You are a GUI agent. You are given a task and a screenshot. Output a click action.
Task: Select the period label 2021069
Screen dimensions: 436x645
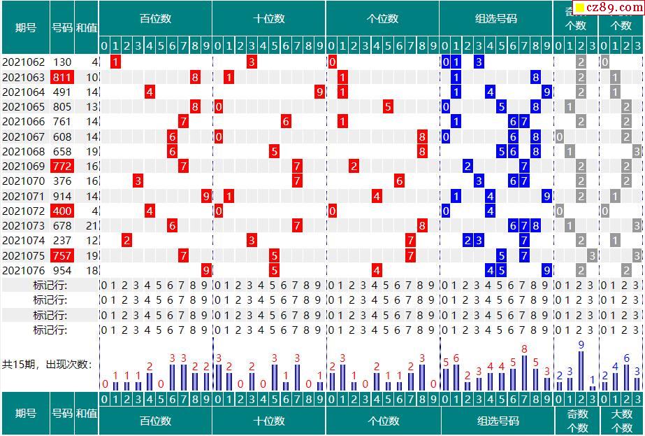click(23, 166)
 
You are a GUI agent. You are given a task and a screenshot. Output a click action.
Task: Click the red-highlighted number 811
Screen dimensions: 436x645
click(61, 77)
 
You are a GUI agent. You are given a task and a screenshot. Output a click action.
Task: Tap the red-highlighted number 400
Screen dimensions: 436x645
click(61, 211)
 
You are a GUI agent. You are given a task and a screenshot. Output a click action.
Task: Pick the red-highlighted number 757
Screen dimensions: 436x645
click(61, 255)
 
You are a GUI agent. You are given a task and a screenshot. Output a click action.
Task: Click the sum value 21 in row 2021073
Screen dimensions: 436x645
click(92, 225)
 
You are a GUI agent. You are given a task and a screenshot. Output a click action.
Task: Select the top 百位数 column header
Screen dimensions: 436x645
click(155, 19)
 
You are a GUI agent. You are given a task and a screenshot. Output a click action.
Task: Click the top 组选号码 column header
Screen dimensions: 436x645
click(496, 19)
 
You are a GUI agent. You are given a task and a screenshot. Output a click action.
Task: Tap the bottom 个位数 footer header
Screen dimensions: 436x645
click(383, 421)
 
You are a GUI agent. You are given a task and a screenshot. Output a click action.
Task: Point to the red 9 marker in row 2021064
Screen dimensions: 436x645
click(319, 92)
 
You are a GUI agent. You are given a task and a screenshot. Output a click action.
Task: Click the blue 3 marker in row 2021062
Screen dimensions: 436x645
click(479, 62)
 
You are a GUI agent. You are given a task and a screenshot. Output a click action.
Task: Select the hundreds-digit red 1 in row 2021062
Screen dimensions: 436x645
click(115, 62)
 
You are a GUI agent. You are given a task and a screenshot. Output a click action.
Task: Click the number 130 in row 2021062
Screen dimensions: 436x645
click(61, 62)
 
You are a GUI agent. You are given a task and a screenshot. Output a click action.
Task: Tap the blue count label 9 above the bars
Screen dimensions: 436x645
click(581, 344)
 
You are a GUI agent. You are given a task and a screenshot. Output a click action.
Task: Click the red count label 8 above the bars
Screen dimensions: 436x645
click(524, 349)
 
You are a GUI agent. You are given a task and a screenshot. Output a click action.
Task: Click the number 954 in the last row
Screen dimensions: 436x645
click(61, 270)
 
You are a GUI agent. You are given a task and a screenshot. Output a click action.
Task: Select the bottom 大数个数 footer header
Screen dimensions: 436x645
click(621, 421)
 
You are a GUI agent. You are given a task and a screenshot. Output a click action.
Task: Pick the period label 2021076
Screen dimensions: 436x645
click(23, 270)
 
